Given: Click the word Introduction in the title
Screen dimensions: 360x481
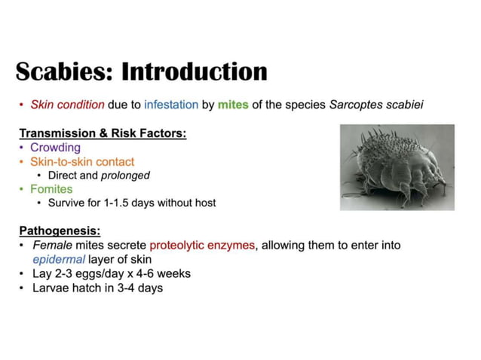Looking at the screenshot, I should pos(195,72).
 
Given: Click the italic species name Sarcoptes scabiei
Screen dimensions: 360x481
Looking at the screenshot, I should pos(376,105).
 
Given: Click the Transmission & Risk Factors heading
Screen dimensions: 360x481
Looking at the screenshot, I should pos(103,133).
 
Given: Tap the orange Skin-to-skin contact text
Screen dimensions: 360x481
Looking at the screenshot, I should pos(82,161).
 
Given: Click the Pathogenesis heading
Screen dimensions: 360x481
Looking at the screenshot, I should pos(60,230).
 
